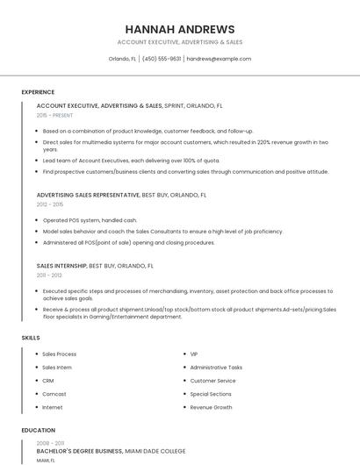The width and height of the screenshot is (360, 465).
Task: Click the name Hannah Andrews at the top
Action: (x=179, y=29)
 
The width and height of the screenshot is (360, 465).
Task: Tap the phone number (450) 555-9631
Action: (x=162, y=59)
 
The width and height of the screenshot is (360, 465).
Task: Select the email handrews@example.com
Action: (x=219, y=59)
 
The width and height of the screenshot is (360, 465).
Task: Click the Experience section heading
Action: (x=38, y=92)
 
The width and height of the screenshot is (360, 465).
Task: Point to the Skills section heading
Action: (x=31, y=337)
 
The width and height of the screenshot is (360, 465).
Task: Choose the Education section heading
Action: (x=38, y=430)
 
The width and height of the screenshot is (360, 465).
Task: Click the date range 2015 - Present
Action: (x=55, y=115)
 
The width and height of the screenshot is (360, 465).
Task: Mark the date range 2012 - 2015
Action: (x=49, y=204)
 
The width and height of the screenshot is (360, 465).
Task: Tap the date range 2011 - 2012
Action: (x=49, y=275)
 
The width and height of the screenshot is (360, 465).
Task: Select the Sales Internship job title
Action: (x=61, y=265)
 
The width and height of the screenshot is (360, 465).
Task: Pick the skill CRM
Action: (x=48, y=381)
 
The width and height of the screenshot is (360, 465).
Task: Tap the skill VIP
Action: (x=194, y=354)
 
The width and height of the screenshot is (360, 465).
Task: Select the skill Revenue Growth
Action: (x=211, y=407)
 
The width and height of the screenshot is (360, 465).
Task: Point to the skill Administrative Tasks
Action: (x=216, y=367)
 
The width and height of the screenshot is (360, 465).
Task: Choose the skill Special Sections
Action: (x=211, y=394)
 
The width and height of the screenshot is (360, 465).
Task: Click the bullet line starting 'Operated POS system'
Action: (x=90, y=220)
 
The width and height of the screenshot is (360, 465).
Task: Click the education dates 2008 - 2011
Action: (x=50, y=443)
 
